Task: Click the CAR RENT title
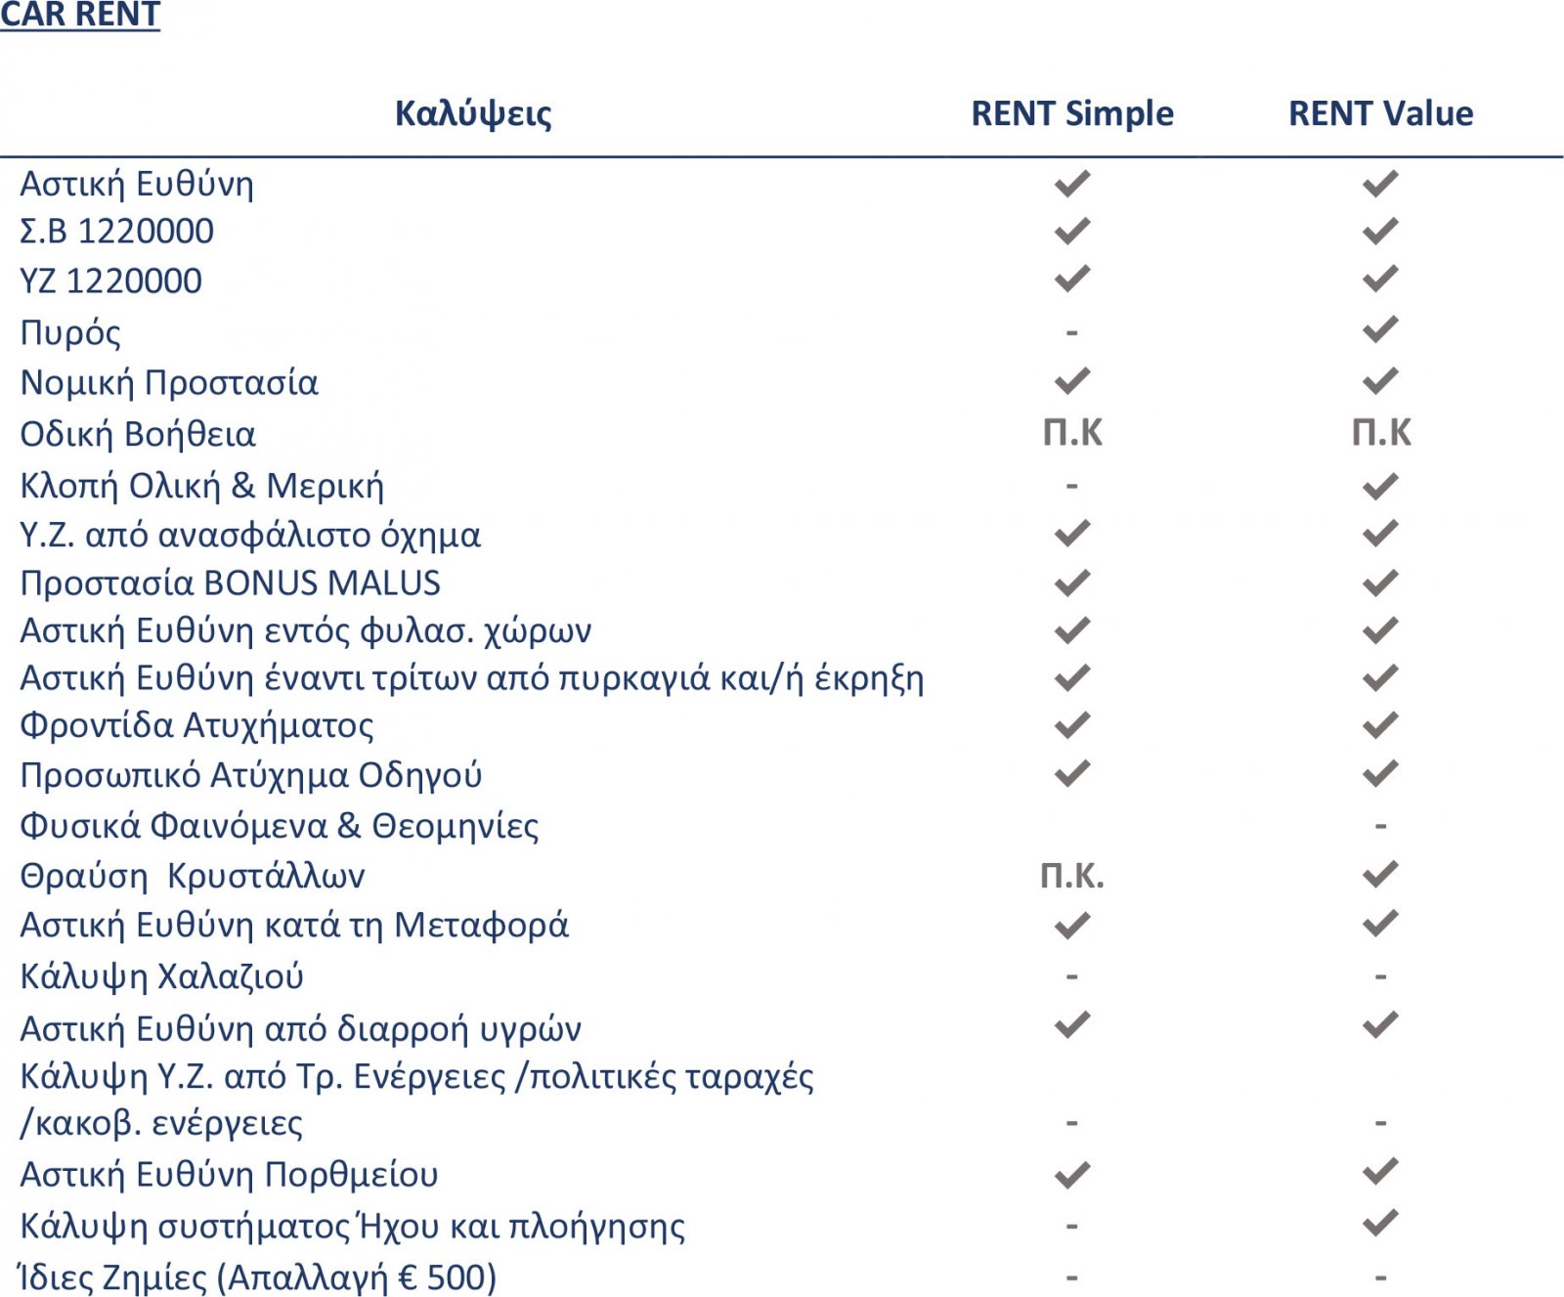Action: (80, 15)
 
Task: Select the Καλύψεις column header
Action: (473, 113)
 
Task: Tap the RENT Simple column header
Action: (1071, 113)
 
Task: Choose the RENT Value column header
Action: (1380, 113)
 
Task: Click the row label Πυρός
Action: (70, 332)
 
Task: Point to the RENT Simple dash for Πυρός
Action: (1071, 332)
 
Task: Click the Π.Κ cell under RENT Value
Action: (1380, 432)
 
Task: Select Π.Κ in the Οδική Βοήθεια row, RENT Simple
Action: (1072, 432)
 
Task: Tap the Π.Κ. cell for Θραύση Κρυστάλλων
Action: (1071, 875)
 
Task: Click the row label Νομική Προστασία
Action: (169, 382)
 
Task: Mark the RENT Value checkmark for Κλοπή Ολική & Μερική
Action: (1380, 485)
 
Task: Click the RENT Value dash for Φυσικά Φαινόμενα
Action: (1380, 826)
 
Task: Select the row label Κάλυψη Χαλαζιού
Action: (162, 975)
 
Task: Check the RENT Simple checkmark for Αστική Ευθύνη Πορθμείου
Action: (1071, 1173)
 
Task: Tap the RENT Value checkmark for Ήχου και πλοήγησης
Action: (1380, 1223)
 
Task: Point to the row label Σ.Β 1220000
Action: (116, 232)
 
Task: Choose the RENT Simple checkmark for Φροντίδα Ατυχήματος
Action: (1071, 724)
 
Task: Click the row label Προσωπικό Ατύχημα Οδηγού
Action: (251, 774)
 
